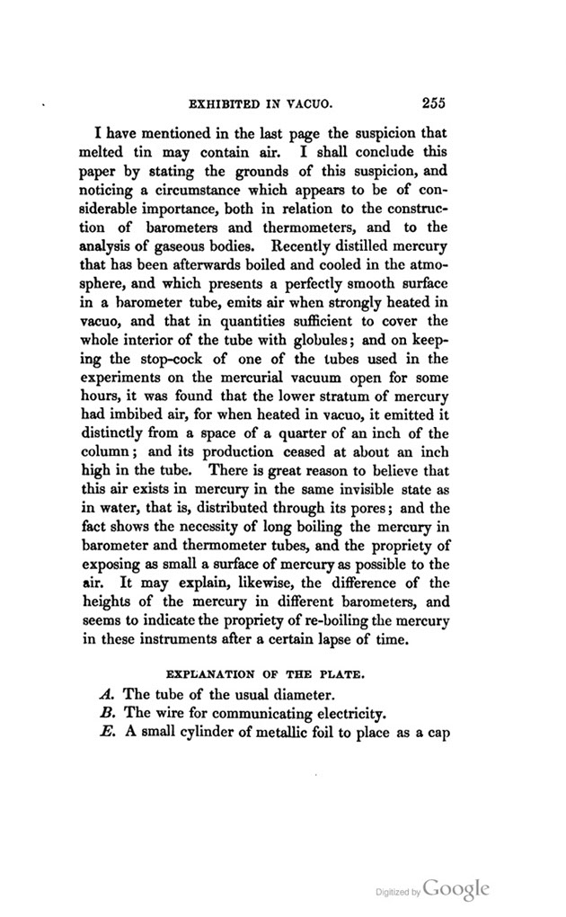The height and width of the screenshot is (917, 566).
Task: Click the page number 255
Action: (429, 102)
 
